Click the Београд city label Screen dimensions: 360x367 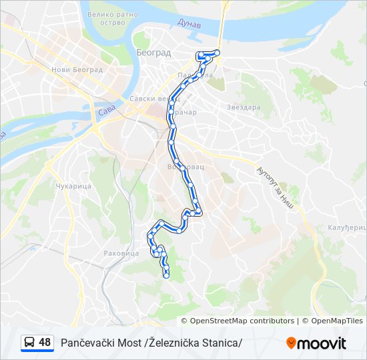[x=154, y=52]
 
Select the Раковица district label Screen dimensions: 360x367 [x=121, y=253]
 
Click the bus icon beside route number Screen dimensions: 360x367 [x=29, y=343]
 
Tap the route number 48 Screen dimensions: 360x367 [x=45, y=343]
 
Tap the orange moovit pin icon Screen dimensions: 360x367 [x=291, y=343]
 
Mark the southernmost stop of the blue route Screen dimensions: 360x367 [x=166, y=275]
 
